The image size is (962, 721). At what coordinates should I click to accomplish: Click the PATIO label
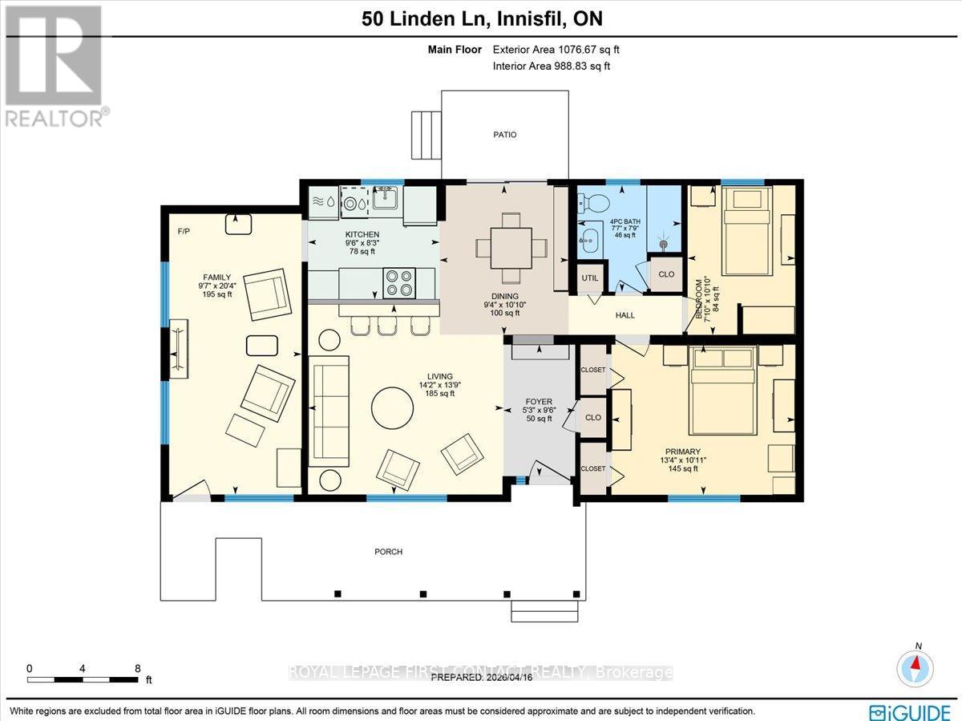point(504,135)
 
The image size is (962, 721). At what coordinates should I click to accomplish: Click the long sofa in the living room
point(329,411)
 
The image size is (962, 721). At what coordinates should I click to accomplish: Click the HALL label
point(624,315)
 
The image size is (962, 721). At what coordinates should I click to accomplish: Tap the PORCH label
point(389,552)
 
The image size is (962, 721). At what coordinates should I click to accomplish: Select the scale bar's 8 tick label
point(138,667)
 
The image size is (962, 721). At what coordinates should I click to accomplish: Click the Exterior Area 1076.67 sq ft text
point(556,50)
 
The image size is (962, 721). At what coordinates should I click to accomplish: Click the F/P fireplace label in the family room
point(183,231)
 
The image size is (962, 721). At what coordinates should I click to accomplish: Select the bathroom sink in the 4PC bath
point(592,238)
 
